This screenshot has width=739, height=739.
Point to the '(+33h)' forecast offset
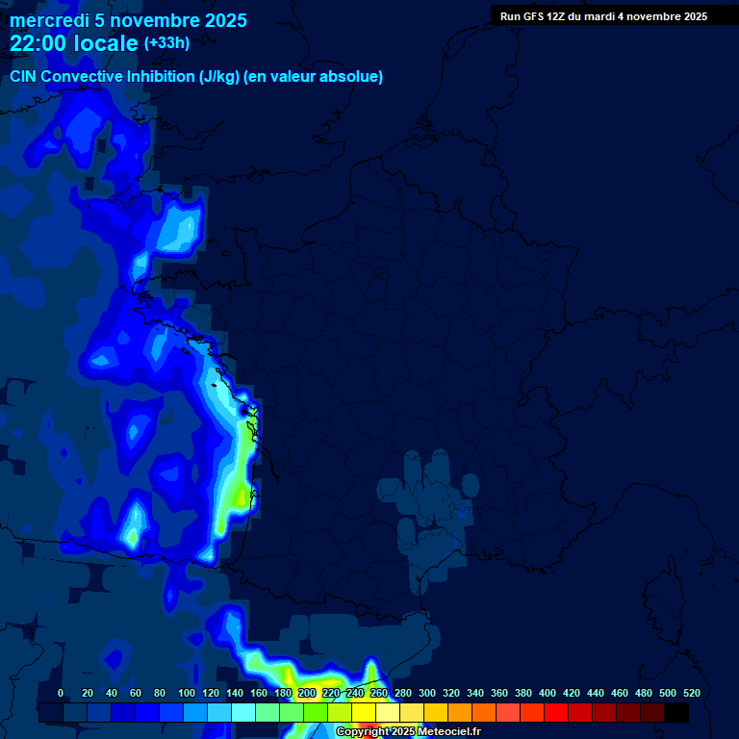pyautogui.click(x=166, y=42)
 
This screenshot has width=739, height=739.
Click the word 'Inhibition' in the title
pyautogui.click(x=162, y=76)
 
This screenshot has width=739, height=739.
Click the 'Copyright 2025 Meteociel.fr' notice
pyautogui.click(x=408, y=731)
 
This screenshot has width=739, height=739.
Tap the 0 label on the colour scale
pyautogui.click(x=61, y=693)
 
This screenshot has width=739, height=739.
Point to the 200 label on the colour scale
pyautogui.click(x=306, y=693)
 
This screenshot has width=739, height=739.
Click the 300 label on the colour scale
pyautogui.click(x=426, y=693)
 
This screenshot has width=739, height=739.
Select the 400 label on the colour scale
pyautogui.click(x=547, y=693)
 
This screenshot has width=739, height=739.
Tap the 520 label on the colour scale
pyautogui.click(x=691, y=693)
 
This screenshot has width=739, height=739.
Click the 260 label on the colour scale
pyautogui.click(x=378, y=693)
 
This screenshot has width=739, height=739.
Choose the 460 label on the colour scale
pyautogui.click(x=619, y=693)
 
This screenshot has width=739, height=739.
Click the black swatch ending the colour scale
pyautogui.click(x=676, y=713)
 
